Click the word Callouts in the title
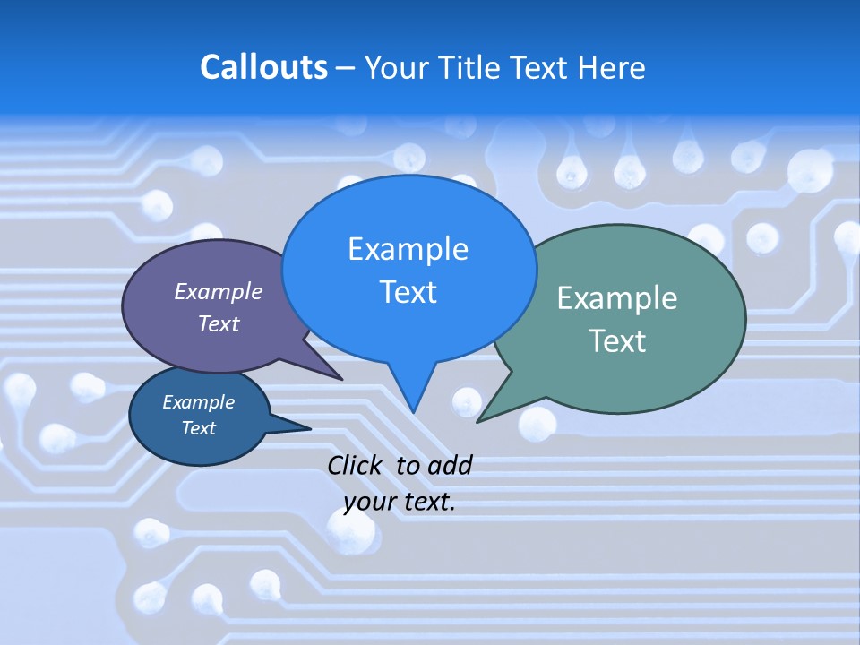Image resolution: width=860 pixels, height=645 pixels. click(263, 67)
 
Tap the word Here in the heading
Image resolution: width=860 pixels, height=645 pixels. click(612, 67)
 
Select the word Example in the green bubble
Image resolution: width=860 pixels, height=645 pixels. click(617, 298)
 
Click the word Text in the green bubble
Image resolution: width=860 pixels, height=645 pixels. click(617, 340)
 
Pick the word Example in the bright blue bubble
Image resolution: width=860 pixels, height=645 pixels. click(408, 249)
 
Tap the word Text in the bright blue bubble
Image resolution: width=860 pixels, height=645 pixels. click(408, 292)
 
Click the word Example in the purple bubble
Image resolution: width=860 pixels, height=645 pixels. click(219, 292)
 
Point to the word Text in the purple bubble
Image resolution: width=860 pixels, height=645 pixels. click(219, 323)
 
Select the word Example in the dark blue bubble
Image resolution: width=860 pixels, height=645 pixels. click(198, 402)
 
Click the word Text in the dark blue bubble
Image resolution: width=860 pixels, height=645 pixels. click(198, 428)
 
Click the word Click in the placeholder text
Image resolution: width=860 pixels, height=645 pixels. click(356, 465)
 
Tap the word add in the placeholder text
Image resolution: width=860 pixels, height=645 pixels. click(450, 465)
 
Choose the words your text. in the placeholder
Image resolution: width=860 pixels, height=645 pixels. click(400, 502)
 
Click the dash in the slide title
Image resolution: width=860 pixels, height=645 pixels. click(347, 68)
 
